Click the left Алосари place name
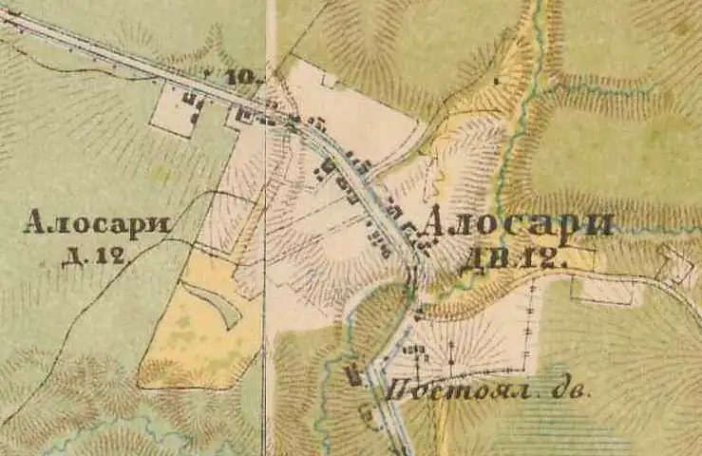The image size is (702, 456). pyautogui.click(x=97, y=224)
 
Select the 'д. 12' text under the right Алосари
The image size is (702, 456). pyautogui.click(x=513, y=256)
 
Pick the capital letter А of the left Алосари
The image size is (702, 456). pyautogui.click(x=36, y=224)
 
